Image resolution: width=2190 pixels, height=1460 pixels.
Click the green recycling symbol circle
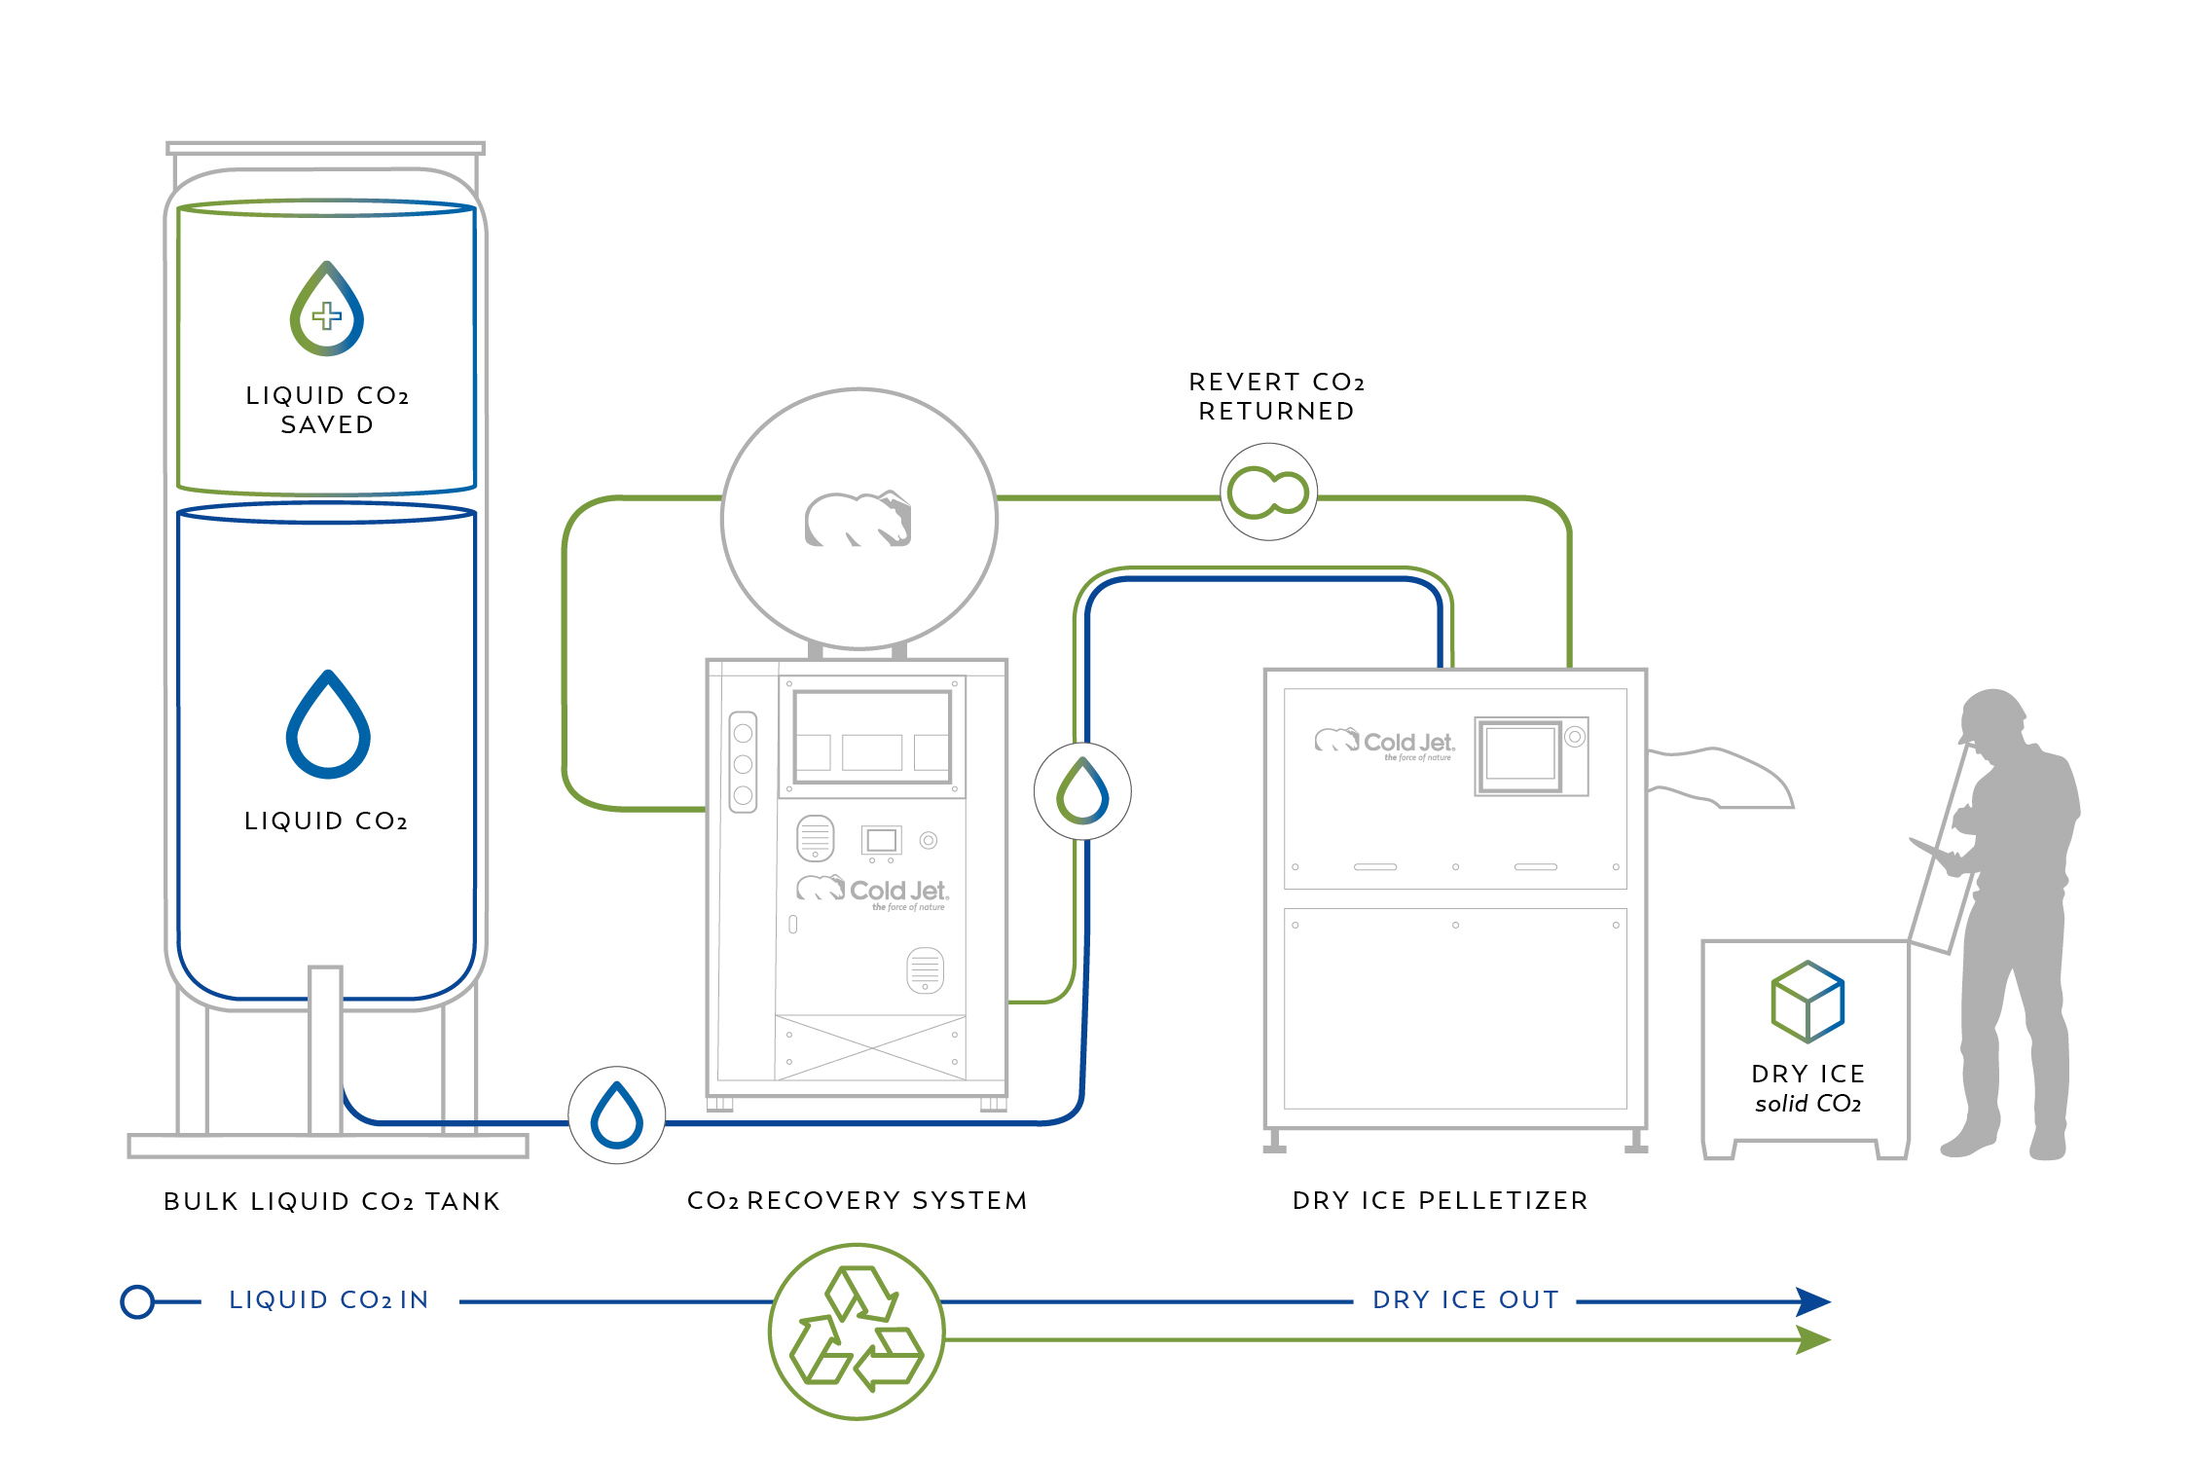pyautogui.click(x=856, y=1331)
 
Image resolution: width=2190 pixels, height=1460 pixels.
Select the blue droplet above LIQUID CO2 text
pyautogui.click(x=328, y=727)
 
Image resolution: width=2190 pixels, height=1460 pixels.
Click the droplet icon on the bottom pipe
pyautogui.click(x=617, y=1115)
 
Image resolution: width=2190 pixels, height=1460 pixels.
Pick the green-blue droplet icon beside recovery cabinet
pyautogui.click(x=1082, y=791)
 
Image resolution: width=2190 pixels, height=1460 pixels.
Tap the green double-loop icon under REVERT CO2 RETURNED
pyautogui.click(x=1268, y=492)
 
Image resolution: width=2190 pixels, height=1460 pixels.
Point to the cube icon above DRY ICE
pyautogui.click(x=1807, y=1003)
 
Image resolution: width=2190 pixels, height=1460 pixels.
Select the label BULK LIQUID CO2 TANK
pyautogui.click(x=331, y=1201)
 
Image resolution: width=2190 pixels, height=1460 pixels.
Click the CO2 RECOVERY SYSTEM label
pyautogui.click(x=857, y=1200)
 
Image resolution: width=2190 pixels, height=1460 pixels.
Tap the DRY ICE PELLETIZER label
pyautogui.click(x=1440, y=1200)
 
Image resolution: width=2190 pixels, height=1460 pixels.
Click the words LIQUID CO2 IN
pyautogui.click(x=329, y=1300)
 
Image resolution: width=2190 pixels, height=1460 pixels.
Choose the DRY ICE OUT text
pyautogui.click(x=1465, y=1300)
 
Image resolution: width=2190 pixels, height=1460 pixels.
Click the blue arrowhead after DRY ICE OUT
pyautogui.click(x=1813, y=1301)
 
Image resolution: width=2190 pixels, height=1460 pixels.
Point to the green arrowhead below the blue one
pyautogui.click(x=1813, y=1340)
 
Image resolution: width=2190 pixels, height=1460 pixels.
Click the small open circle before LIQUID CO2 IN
pyautogui.click(x=137, y=1301)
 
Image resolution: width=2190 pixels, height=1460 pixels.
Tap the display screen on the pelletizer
pyautogui.click(x=1520, y=754)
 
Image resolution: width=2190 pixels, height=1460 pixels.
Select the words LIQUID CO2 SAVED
pyautogui.click(x=327, y=410)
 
